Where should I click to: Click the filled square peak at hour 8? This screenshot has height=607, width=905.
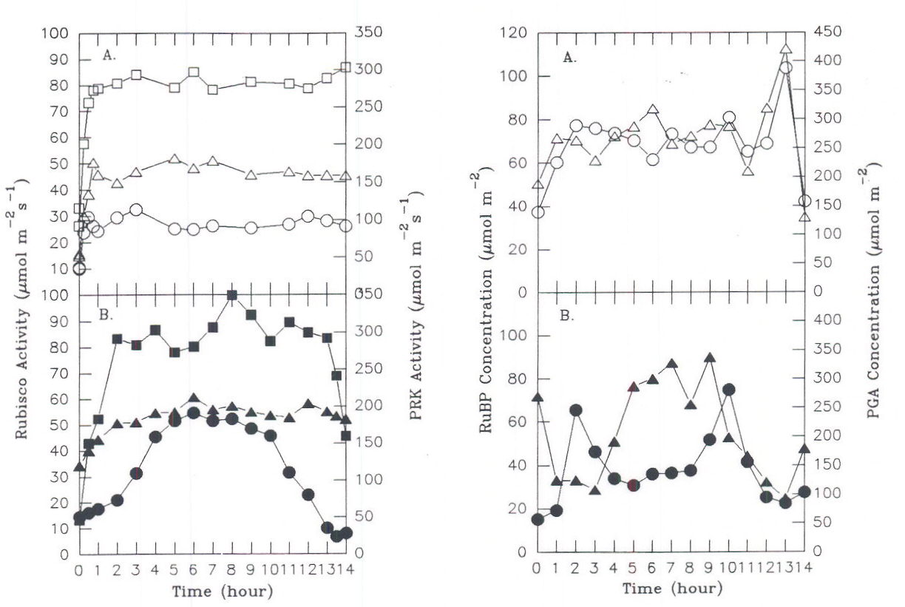point(231,296)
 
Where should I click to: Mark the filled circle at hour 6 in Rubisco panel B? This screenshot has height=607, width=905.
point(193,413)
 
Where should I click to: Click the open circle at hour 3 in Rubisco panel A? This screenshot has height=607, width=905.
point(135,210)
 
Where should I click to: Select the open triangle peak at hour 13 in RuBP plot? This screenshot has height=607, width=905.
point(786,50)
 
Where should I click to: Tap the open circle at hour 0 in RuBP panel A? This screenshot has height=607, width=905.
point(538,212)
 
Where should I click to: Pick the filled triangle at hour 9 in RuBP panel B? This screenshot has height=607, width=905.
point(709,358)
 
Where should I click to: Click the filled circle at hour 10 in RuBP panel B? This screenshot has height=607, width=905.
point(728,390)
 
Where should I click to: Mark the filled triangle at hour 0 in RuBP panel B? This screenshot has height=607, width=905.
point(538,398)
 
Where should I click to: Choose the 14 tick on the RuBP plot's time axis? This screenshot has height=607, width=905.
point(803,568)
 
